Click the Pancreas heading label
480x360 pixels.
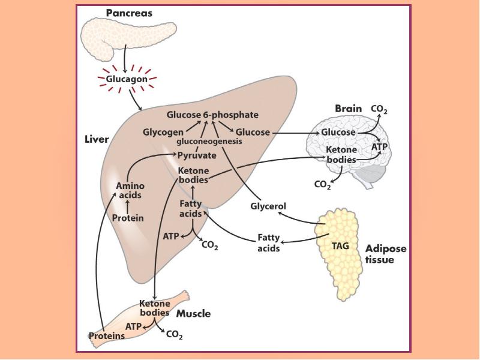pos(129,13)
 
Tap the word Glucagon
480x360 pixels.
pos(127,79)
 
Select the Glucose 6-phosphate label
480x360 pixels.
pos(212,115)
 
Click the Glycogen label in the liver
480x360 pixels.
pos(163,132)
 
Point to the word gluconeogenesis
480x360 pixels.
pos(209,142)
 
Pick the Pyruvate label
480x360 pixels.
pos(197,155)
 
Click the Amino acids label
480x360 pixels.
pos(130,191)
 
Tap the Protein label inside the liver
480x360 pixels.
pos(128,218)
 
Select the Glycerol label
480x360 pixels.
pos(268,206)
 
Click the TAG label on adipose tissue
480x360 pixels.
pos(340,245)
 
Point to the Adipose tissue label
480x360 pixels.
pos(386,254)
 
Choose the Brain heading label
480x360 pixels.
pos(348,109)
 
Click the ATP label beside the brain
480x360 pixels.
pos(380,146)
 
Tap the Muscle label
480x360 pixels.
pos(193,313)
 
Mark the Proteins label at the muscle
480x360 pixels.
pos(107,336)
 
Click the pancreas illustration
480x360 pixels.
pos(120,36)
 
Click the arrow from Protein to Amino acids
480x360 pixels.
pos(128,206)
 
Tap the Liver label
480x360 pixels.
pos(96,140)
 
